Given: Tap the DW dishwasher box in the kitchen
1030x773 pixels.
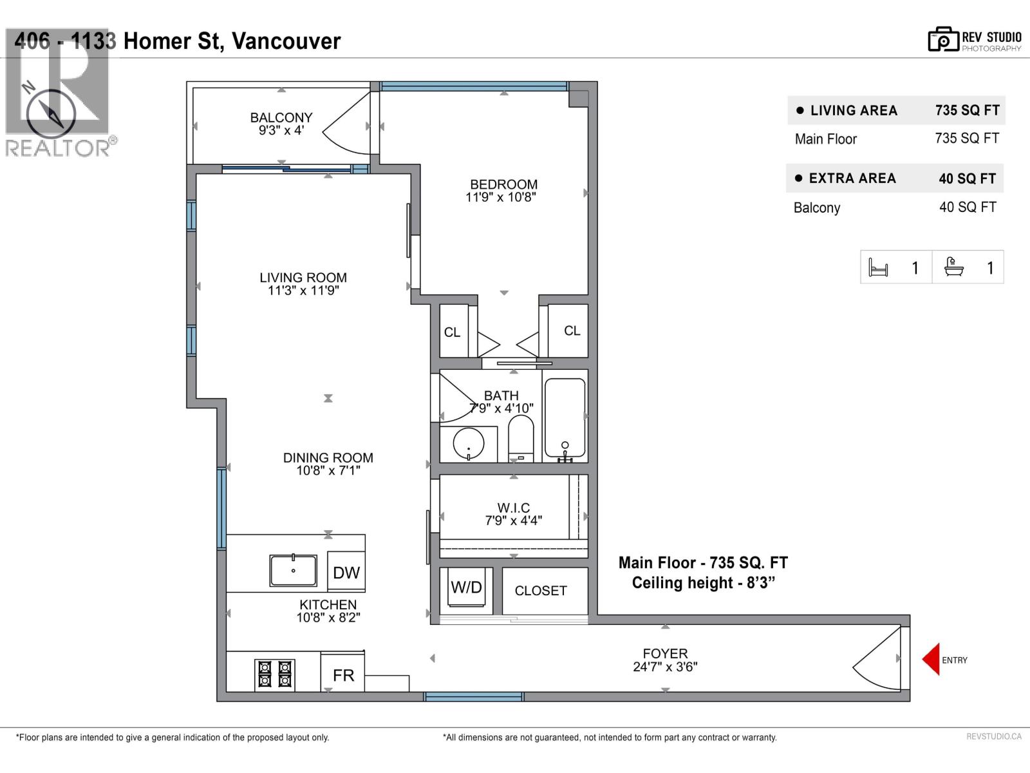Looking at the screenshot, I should coord(346,572).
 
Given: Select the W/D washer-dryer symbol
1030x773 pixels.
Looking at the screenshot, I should coord(466,588).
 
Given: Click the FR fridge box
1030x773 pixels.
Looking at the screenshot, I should coord(343,674).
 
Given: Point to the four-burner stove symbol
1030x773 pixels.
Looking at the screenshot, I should coord(275,674).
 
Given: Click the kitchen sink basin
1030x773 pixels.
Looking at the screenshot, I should coord(293,570).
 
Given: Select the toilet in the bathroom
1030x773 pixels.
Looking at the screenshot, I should coord(521,438).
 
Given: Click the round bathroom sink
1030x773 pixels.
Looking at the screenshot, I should coord(469,443).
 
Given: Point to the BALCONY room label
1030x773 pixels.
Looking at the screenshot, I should coord(281,117).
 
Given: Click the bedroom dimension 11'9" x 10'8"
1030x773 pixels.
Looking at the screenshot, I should coord(501,197).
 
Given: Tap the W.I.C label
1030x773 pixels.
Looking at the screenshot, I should coord(514,508).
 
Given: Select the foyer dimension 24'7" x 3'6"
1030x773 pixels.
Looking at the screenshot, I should coord(665,667).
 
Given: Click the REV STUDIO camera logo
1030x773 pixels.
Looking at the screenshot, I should coord(943,40).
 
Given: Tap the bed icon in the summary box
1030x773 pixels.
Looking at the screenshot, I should coord(878,267).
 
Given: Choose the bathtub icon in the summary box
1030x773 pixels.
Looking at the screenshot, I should coord(953,267).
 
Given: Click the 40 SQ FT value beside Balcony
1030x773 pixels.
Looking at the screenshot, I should coord(968,207).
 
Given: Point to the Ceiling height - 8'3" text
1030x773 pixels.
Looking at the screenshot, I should coord(703,582).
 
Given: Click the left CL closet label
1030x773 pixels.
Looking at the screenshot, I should coord(452,332).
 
